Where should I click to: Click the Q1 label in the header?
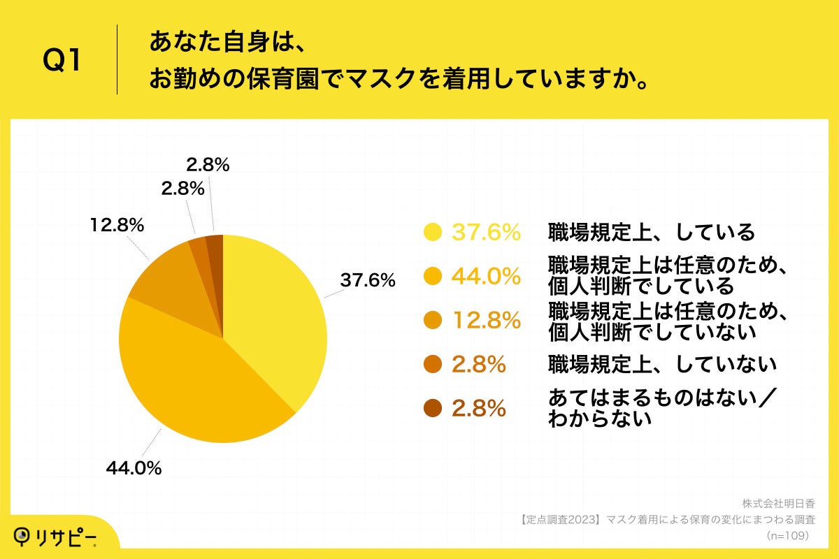click(x=63, y=61)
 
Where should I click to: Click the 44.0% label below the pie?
click(x=134, y=468)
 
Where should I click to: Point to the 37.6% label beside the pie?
click(x=368, y=280)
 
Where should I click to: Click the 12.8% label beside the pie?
click(x=117, y=225)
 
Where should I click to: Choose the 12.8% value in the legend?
click(x=486, y=320)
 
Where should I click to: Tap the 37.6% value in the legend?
click(x=486, y=232)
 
